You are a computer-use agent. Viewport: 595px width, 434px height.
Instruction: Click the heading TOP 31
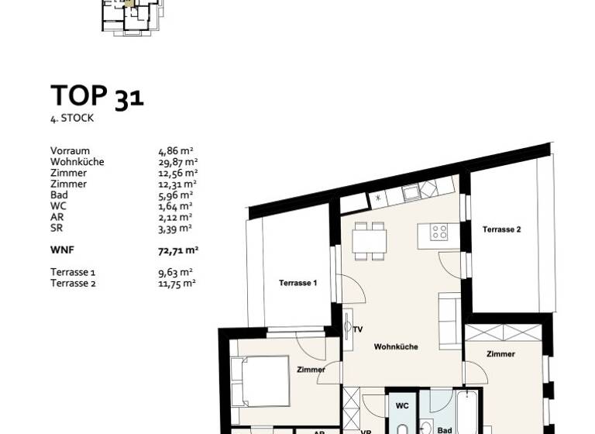(x=97, y=96)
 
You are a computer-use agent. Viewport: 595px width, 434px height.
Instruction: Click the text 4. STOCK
(x=72, y=119)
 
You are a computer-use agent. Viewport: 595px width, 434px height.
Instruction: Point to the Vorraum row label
(x=70, y=151)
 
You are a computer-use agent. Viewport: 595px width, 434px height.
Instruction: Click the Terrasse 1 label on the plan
(x=297, y=284)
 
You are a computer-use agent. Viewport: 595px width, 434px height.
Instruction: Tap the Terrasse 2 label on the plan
(x=501, y=229)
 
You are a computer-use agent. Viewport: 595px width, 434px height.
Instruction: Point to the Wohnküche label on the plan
(x=395, y=346)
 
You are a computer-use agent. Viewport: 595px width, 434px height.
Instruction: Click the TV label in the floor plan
(x=358, y=329)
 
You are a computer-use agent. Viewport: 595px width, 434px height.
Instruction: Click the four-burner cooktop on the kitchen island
(x=439, y=231)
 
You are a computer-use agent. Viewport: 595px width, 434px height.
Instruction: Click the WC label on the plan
(x=402, y=405)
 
